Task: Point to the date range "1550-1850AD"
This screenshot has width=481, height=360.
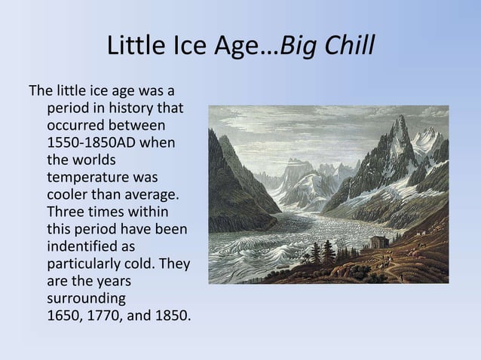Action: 89,142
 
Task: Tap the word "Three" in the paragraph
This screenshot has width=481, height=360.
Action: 66,212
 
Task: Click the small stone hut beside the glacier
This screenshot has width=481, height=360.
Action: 377,243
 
